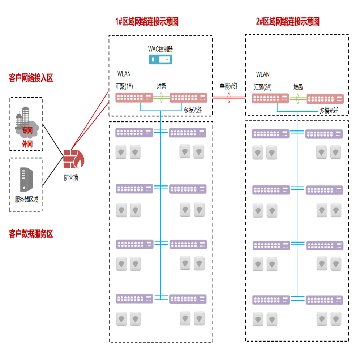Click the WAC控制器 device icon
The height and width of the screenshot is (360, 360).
click(x=160, y=60)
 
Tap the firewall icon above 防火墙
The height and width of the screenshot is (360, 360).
click(x=73, y=159)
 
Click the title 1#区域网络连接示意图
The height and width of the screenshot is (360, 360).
click(x=147, y=22)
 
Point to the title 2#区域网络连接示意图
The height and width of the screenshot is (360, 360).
click(x=287, y=22)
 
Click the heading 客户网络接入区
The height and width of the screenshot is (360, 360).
click(x=31, y=78)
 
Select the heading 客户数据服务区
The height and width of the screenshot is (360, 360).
click(x=31, y=234)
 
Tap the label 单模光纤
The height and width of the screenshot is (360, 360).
click(x=229, y=87)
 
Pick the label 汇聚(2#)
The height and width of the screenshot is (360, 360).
click(x=263, y=87)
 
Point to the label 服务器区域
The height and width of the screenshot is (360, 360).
click(x=26, y=199)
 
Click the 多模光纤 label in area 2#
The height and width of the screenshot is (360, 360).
click(x=329, y=111)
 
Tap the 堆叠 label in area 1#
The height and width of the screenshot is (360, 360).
click(x=161, y=87)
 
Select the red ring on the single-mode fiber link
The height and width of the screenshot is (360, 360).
click(x=229, y=98)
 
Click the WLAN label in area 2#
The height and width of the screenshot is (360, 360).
click(x=263, y=74)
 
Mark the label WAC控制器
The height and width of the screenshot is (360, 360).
click(x=160, y=49)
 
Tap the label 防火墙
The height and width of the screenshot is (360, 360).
click(x=71, y=177)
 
